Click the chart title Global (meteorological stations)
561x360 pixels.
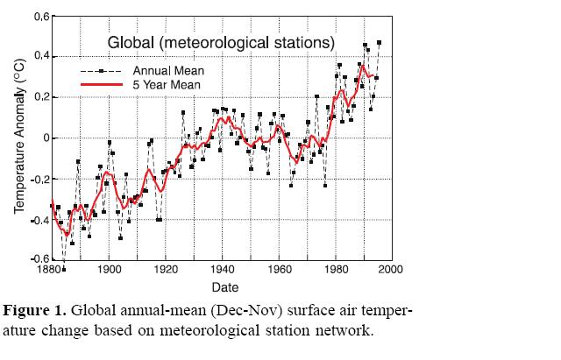pos(220,41)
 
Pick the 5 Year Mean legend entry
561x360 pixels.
pos(167,85)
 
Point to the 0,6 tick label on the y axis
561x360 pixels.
pos(40,17)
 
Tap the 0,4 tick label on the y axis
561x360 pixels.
pos(40,57)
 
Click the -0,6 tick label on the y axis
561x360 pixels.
pos(38,259)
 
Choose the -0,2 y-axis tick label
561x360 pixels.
pos(38,179)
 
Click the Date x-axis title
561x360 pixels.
pos(222,286)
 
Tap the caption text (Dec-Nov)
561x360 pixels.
pos(222,311)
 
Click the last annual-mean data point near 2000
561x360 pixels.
pos(380,42)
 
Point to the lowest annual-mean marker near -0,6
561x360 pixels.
pos(64,269)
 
